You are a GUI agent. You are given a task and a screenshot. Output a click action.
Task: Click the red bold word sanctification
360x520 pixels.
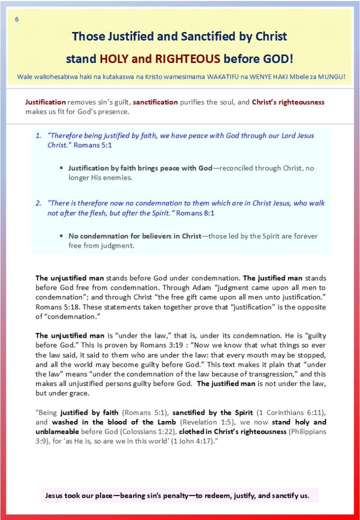[x=155, y=102]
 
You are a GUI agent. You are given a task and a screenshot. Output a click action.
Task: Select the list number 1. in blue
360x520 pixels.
[x=39, y=136]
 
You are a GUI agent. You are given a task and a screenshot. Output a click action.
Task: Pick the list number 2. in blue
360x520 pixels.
[x=39, y=203]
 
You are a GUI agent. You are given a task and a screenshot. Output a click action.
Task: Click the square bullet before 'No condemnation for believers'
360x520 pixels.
[x=61, y=236]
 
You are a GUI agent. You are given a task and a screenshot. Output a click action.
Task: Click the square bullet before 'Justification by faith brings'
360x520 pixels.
[x=61, y=168]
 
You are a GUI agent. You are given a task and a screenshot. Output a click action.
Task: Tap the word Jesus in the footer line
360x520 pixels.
[x=55, y=495]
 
